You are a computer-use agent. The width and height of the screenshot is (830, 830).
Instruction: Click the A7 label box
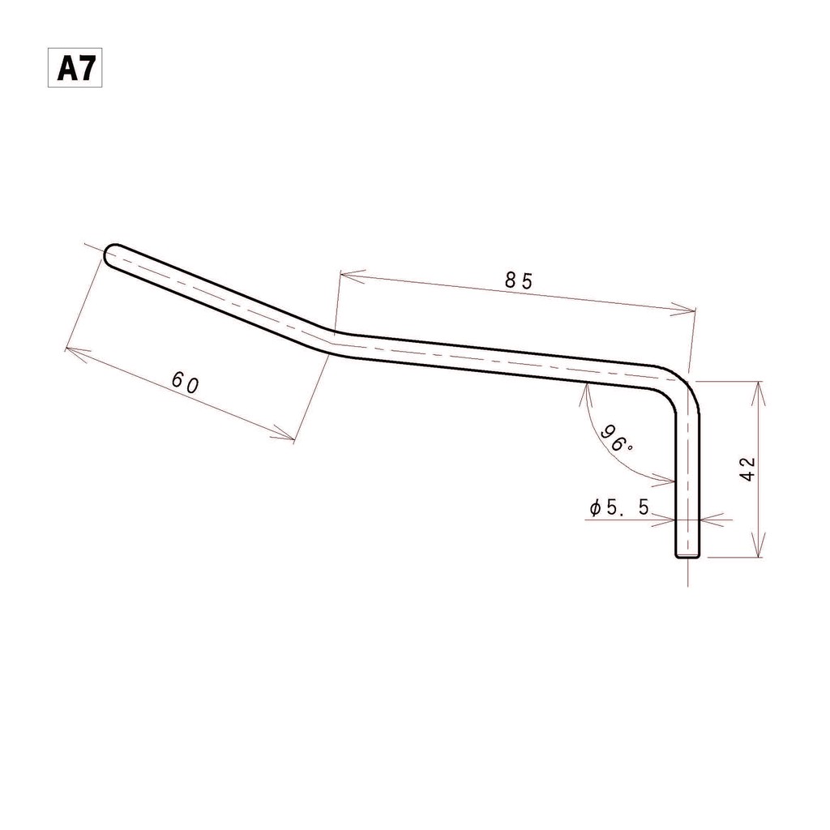tap(75, 68)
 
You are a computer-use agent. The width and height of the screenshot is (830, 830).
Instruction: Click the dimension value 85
tap(518, 280)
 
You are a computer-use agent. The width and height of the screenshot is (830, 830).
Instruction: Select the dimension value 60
tap(186, 383)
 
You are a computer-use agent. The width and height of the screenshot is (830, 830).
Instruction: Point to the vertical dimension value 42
tap(747, 468)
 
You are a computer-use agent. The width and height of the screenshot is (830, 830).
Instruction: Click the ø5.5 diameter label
tap(619, 508)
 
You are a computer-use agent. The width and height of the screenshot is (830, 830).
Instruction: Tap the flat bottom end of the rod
tap(687, 556)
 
